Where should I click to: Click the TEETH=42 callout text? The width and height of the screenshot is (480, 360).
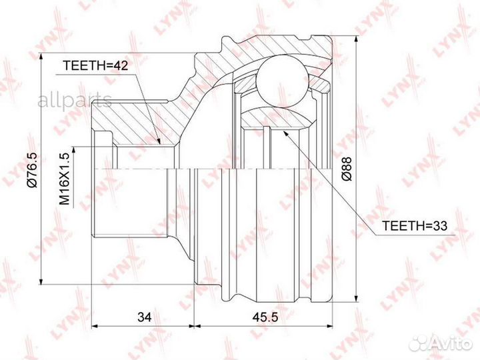click(95, 65)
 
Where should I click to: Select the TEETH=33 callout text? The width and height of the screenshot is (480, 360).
click(415, 226)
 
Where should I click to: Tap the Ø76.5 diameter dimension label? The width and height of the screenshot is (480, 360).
click(32, 169)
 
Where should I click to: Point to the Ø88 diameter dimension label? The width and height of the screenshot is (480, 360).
click(347, 169)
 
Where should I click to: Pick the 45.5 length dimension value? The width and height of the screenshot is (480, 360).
click(265, 317)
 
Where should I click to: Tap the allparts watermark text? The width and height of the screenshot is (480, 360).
click(75, 101)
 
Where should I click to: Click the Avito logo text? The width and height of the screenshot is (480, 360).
click(451, 344)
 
